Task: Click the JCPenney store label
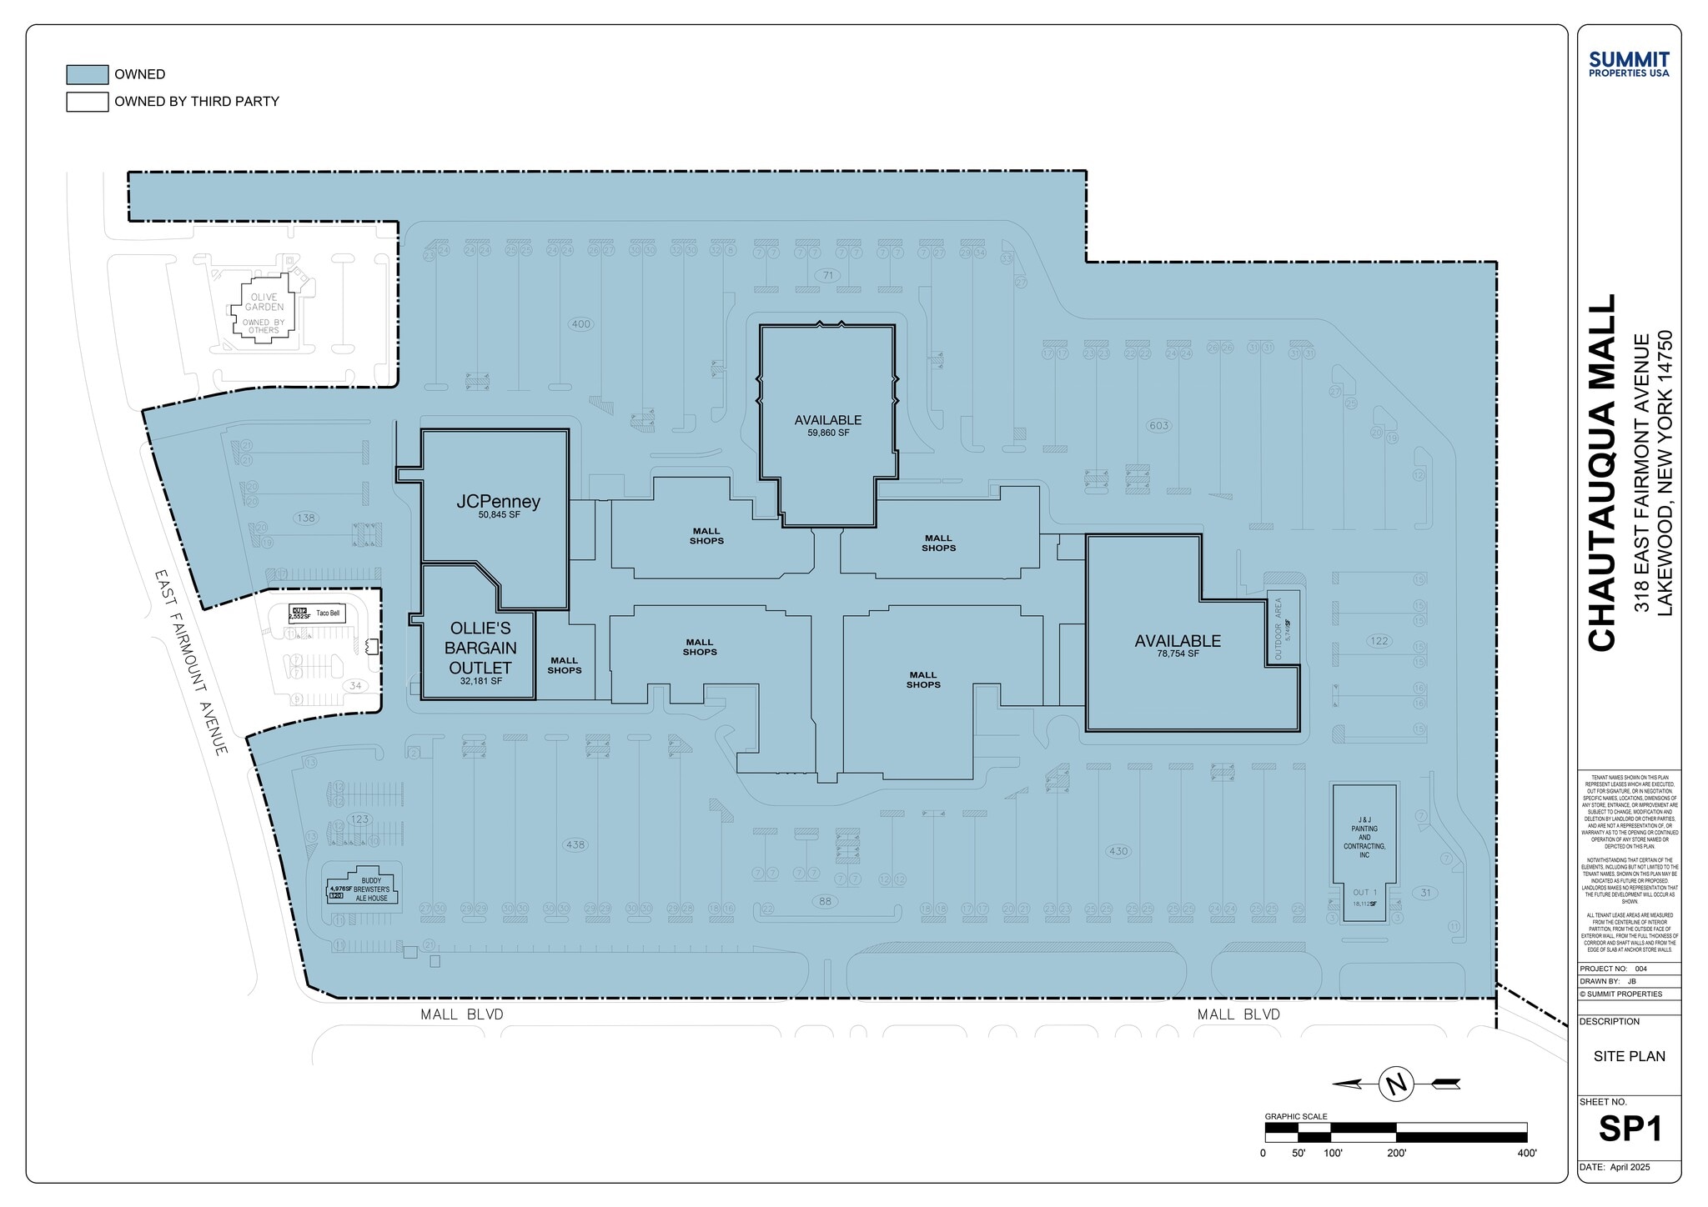(x=498, y=502)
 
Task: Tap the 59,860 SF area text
(x=827, y=433)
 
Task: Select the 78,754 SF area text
(x=1178, y=654)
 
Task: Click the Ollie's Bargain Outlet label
(x=480, y=648)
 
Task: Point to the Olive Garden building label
(x=264, y=303)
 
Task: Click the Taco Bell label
(x=328, y=614)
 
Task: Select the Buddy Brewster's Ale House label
(x=371, y=889)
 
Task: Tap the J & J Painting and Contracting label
(x=1364, y=838)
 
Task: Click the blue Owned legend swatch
(x=87, y=74)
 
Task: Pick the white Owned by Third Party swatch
(x=87, y=102)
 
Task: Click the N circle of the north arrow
(x=1396, y=1084)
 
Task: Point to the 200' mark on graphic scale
(x=1396, y=1154)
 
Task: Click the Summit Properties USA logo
(x=1629, y=63)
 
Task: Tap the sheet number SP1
(x=1630, y=1129)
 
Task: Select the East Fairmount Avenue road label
(x=191, y=663)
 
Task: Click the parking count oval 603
(x=1158, y=426)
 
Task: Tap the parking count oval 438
(x=575, y=844)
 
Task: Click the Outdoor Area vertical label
(x=1278, y=629)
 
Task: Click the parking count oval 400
(x=580, y=324)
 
